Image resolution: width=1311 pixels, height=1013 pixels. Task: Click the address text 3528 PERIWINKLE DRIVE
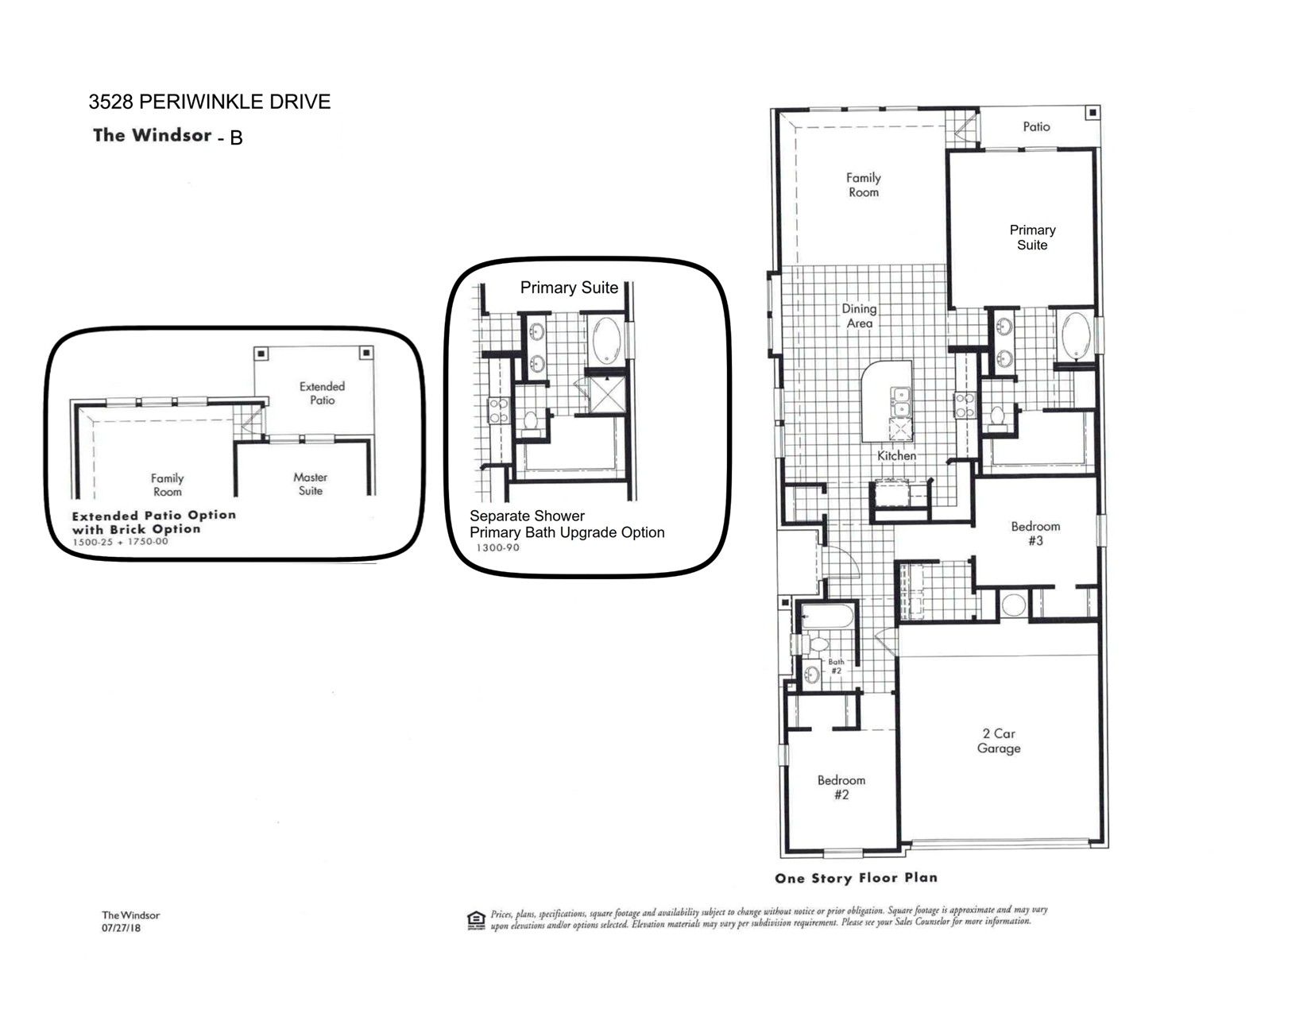point(209,102)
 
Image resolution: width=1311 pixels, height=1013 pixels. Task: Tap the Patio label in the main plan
point(1036,126)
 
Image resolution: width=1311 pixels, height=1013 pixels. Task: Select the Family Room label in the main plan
point(864,184)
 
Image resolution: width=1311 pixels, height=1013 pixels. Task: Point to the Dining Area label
point(859,315)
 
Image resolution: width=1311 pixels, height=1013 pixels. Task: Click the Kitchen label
point(896,455)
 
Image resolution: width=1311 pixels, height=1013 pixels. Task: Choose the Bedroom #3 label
point(1035,533)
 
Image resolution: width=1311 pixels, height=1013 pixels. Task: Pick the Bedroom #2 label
point(841,787)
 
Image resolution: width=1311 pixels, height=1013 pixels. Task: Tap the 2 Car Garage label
point(999,741)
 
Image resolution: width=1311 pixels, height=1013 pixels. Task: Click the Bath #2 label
point(836,666)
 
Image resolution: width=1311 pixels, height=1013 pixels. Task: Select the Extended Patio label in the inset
point(322,393)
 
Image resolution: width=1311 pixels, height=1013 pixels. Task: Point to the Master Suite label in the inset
point(310,484)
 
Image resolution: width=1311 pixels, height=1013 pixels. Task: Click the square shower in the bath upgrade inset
point(608,395)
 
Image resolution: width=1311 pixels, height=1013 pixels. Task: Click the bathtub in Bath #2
point(826,617)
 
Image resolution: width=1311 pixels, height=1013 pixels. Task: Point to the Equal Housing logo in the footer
point(476,921)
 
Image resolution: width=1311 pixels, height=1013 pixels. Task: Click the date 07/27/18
point(122,928)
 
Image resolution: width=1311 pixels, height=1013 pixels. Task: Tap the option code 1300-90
point(497,548)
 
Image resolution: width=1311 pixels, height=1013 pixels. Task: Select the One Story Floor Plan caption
point(856,878)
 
